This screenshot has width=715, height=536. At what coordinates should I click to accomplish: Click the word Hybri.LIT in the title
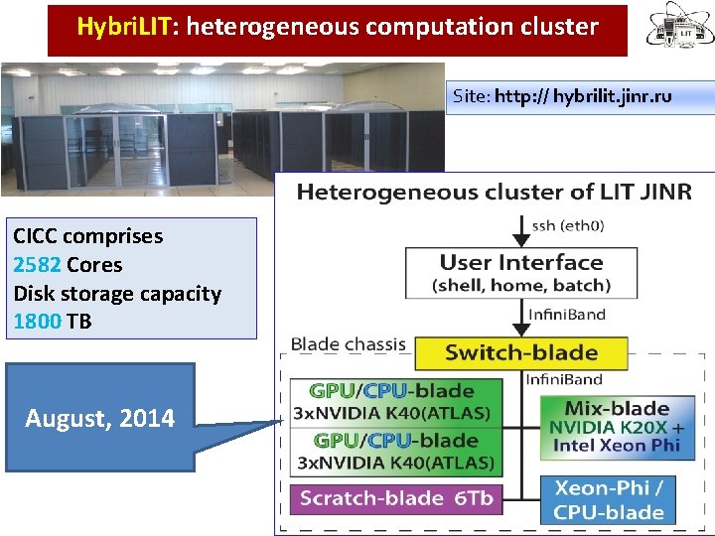(123, 26)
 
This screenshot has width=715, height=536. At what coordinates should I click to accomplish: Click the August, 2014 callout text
(99, 419)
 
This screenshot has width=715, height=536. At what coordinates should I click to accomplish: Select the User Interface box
(521, 273)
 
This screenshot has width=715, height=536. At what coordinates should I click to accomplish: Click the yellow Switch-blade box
(521, 352)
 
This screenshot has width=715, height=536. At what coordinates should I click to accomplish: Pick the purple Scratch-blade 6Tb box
(396, 498)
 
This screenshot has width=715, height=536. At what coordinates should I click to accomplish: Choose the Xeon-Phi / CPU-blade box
(609, 500)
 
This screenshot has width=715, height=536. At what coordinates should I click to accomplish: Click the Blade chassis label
(348, 345)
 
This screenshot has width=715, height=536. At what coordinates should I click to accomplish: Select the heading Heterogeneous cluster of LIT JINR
(494, 192)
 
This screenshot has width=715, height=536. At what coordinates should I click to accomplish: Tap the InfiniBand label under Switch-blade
(563, 379)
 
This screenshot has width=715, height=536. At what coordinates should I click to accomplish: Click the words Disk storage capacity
(117, 294)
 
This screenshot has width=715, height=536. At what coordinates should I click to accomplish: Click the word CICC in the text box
(38, 236)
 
